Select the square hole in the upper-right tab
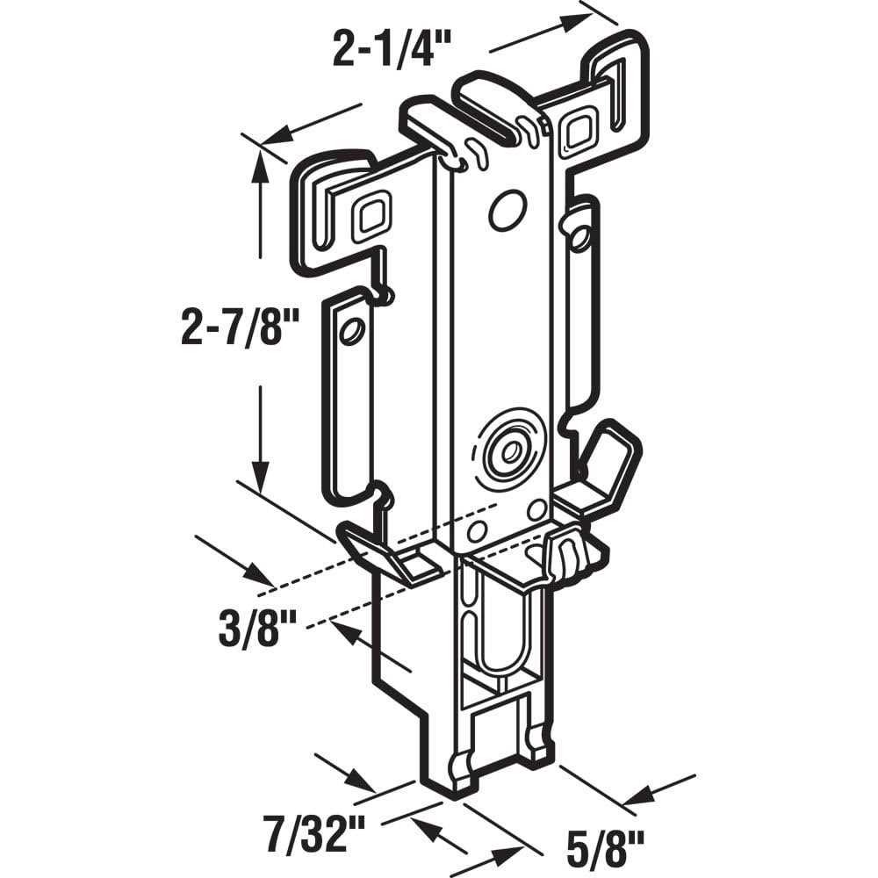[579, 132]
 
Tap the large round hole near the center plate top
[507, 211]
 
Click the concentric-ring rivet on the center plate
[507, 451]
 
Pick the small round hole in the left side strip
[351, 332]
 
